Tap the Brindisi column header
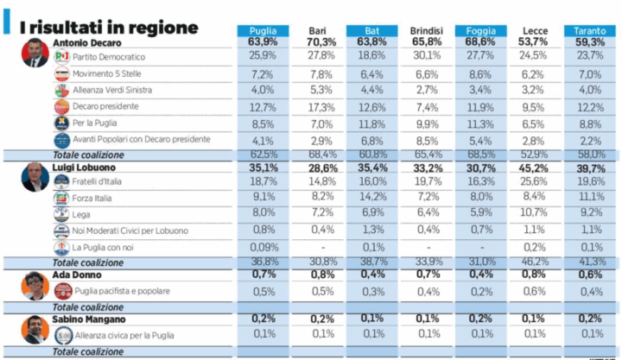click(426, 31)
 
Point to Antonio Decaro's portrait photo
click(35, 54)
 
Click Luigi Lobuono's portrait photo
click(35, 176)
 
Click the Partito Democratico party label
click(109, 56)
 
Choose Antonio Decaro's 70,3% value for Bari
click(321, 42)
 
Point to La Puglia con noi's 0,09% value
click(262, 247)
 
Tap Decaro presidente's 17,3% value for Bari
click(321, 107)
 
